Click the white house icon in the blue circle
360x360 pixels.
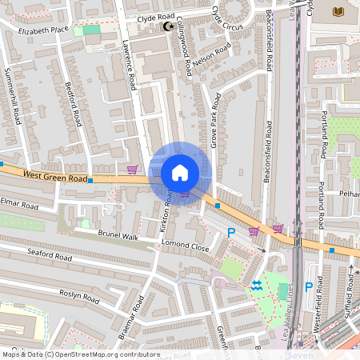point(179,172)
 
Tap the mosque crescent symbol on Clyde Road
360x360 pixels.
point(168,26)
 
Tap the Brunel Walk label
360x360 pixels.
point(118,238)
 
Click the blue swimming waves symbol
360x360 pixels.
point(256,286)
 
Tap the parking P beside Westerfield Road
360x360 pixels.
point(308,287)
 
